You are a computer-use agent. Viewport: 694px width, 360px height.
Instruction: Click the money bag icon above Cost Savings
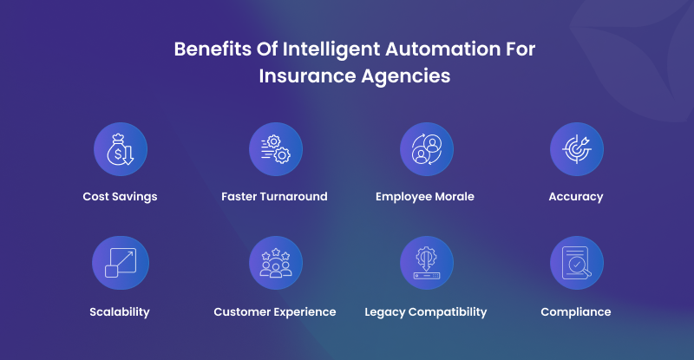(x=121, y=149)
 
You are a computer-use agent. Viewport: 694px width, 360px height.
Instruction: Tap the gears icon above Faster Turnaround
(x=276, y=149)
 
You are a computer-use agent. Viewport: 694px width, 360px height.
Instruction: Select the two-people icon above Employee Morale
(x=427, y=149)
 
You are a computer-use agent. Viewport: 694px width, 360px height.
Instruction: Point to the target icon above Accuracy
(x=577, y=149)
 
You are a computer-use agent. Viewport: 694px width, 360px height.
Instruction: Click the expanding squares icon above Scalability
(x=121, y=263)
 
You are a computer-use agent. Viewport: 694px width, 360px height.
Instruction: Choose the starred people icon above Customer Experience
(x=276, y=263)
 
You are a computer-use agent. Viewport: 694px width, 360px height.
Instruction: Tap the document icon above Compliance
(x=577, y=263)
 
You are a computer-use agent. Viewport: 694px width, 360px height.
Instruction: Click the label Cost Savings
(x=120, y=197)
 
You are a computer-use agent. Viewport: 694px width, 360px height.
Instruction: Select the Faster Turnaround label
(x=274, y=196)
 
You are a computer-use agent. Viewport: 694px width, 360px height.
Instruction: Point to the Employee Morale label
(x=425, y=197)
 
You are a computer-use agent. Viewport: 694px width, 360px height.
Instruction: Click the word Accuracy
(x=576, y=197)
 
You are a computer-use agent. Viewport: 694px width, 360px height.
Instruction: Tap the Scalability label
(x=120, y=312)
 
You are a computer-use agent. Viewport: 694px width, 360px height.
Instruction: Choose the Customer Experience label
(x=275, y=312)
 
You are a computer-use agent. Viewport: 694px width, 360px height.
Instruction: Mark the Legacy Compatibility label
(x=426, y=312)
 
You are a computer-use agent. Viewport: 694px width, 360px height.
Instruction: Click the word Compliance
(x=576, y=312)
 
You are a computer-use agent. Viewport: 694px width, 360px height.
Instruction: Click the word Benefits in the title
(x=213, y=49)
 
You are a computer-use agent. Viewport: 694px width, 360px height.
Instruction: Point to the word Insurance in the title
(x=307, y=75)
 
